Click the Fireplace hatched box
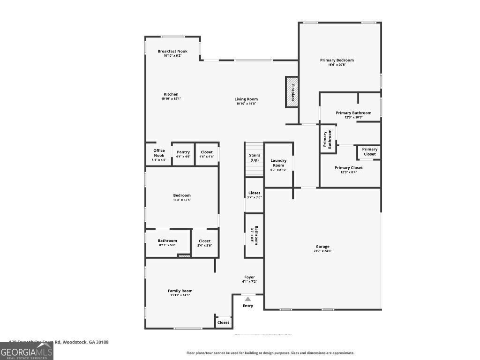(292, 92)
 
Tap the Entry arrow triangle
(247, 299)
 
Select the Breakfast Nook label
(172, 51)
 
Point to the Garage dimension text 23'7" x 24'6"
(322, 251)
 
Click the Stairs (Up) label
(255, 157)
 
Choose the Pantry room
(183, 154)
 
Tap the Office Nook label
(159, 153)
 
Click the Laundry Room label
(278, 163)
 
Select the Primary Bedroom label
(337, 60)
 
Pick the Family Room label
(180, 291)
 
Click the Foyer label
(249, 277)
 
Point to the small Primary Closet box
(369, 152)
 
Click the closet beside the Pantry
(207, 154)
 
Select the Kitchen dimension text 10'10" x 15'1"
(171, 99)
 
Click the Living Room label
(246, 99)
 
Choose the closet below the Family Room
(224, 322)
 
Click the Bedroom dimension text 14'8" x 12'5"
(182, 200)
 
